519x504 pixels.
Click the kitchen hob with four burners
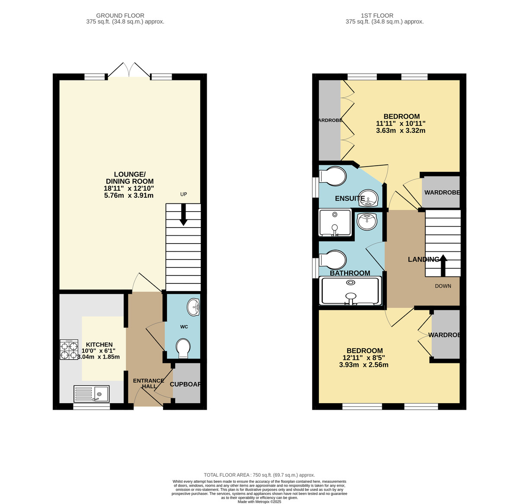click(x=69, y=350)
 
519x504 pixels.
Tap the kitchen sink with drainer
click(x=91, y=394)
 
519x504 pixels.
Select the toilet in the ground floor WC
click(x=183, y=348)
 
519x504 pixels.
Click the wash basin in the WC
click(x=193, y=307)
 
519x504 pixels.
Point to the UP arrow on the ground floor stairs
click(x=183, y=215)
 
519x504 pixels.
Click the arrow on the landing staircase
click(x=443, y=265)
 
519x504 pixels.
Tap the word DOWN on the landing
click(x=443, y=286)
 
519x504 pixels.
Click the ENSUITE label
click(x=350, y=199)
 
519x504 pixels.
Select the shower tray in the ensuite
click(x=335, y=222)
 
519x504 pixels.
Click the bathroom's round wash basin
click(x=367, y=222)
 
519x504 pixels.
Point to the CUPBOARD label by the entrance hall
click(x=185, y=384)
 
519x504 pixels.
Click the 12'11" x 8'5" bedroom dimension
click(x=364, y=358)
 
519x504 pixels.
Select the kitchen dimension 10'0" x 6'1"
click(x=99, y=351)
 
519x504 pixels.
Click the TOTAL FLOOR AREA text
click(x=259, y=475)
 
